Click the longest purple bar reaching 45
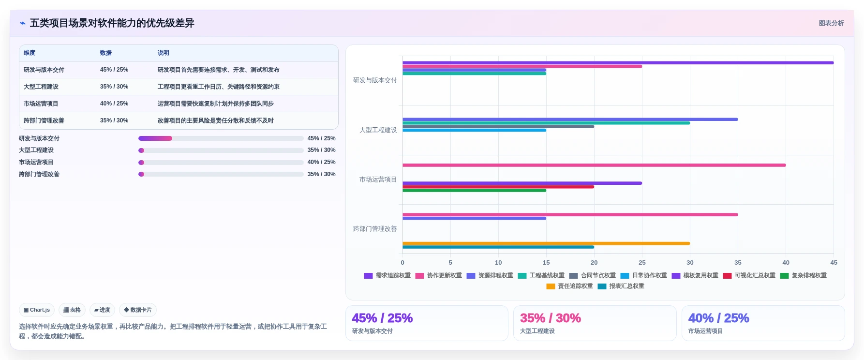(x=618, y=62)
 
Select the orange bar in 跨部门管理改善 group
(x=546, y=243)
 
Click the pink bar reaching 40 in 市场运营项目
(x=594, y=165)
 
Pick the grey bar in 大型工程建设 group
(x=498, y=127)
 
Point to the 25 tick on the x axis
(x=642, y=263)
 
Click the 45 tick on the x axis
(x=834, y=263)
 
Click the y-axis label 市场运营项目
(x=378, y=180)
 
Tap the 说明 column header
(x=164, y=53)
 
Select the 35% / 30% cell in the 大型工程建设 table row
(x=114, y=87)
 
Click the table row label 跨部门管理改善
(x=44, y=120)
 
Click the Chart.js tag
(x=37, y=310)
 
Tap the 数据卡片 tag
(x=138, y=310)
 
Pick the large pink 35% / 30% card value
(x=551, y=318)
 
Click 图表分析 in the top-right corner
(x=831, y=23)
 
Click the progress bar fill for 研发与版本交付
(x=155, y=138)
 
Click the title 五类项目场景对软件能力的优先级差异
(x=112, y=23)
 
